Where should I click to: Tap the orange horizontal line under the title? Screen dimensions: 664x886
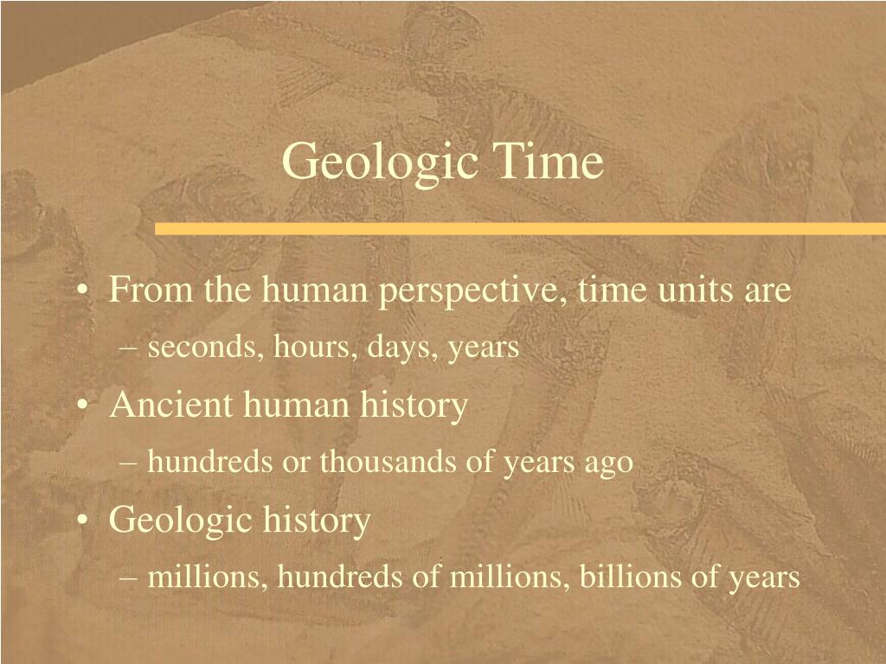tap(519, 228)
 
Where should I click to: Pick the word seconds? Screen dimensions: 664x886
tap(206, 348)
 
